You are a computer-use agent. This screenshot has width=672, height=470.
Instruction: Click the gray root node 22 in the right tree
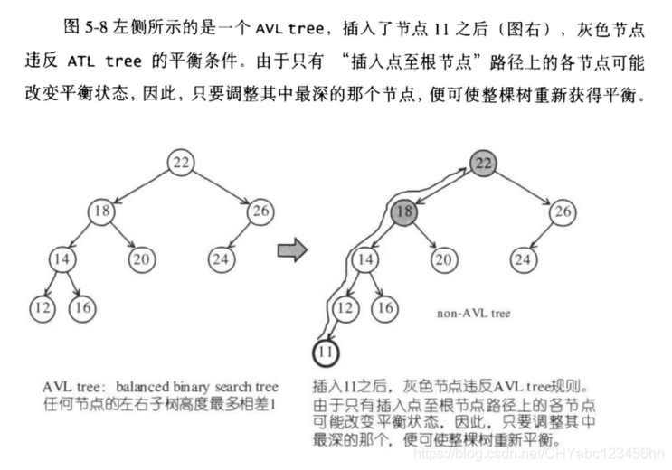pos(484,163)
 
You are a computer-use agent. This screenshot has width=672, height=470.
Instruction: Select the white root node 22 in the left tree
pos(181,163)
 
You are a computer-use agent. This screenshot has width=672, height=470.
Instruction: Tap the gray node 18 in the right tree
pos(404,212)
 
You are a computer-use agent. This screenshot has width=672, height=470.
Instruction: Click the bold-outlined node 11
pos(325,350)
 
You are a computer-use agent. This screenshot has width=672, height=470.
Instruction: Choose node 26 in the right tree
pos(563,212)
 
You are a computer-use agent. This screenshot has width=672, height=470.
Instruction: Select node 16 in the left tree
pos(81,308)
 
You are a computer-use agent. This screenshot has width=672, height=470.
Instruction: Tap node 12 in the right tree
pos(343,308)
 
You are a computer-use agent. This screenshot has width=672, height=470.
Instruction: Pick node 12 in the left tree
pos(41,308)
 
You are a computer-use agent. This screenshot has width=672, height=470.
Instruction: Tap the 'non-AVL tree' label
pos(473,314)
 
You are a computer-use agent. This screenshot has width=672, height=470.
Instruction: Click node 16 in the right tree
pos(384,308)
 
